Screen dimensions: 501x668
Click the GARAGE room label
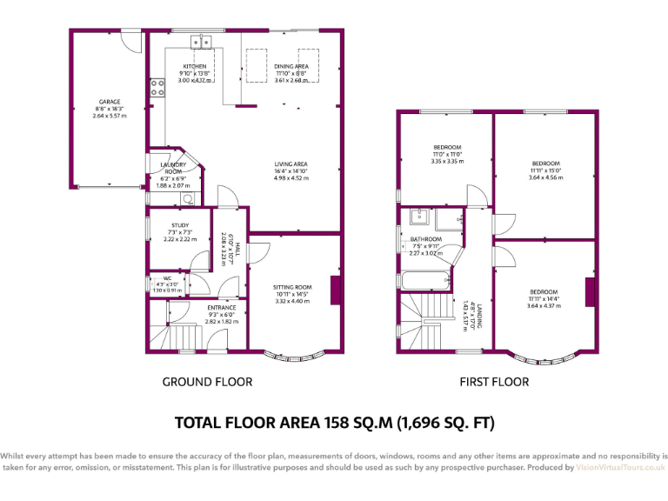(x=109, y=102)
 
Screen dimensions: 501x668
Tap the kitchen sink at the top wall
(x=203, y=40)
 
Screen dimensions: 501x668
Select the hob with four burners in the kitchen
(x=158, y=86)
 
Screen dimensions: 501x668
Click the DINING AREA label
(x=291, y=66)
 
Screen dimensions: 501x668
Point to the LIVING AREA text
(x=291, y=164)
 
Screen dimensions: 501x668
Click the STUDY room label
(x=180, y=225)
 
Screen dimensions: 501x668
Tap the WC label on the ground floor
(x=168, y=279)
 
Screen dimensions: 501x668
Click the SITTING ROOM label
(x=292, y=287)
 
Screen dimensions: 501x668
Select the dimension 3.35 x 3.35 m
(x=447, y=161)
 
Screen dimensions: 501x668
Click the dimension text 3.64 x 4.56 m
(x=546, y=177)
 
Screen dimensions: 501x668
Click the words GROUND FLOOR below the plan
(x=208, y=382)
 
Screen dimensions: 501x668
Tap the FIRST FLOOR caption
(x=494, y=382)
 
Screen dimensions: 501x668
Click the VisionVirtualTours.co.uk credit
(x=620, y=468)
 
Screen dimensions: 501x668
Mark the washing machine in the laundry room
(x=187, y=198)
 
